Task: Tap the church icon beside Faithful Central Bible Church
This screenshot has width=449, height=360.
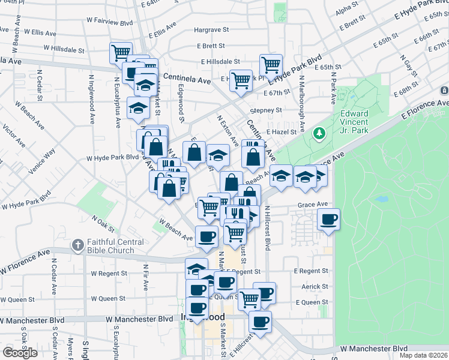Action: pyautogui.click(x=77, y=244)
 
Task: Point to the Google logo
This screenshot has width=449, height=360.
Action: pyautogui.click(x=20, y=352)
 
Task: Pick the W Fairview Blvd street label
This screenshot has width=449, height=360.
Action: pyautogui.click(x=109, y=23)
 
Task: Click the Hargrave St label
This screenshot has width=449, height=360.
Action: pyautogui.click(x=212, y=29)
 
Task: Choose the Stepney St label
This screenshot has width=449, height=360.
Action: pyautogui.click(x=266, y=110)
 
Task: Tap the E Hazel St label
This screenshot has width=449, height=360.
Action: pyautogui.click(x=280, y=131)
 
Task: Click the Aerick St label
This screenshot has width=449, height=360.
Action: pyautogui.click(x=315, y=287)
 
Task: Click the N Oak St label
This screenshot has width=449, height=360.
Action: pyautogui.click(x=103, y=225)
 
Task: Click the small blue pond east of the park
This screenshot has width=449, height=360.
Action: pyautogui.click(x=381, y=199)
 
